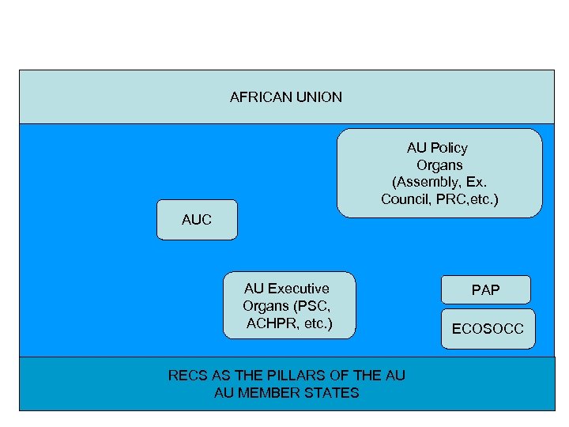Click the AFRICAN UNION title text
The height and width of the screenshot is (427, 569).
click(285, 97)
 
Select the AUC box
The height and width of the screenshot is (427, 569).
click(197, 220)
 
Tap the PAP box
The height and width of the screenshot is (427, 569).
click(485, 290)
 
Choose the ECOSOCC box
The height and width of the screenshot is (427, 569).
click(488, 329)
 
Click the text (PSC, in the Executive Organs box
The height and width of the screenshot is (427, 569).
click(313, 307)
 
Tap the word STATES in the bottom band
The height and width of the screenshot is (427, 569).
click(335, 393)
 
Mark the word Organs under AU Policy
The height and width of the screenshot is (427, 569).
click(439, 165)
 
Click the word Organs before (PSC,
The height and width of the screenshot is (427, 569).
click(266, 307)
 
